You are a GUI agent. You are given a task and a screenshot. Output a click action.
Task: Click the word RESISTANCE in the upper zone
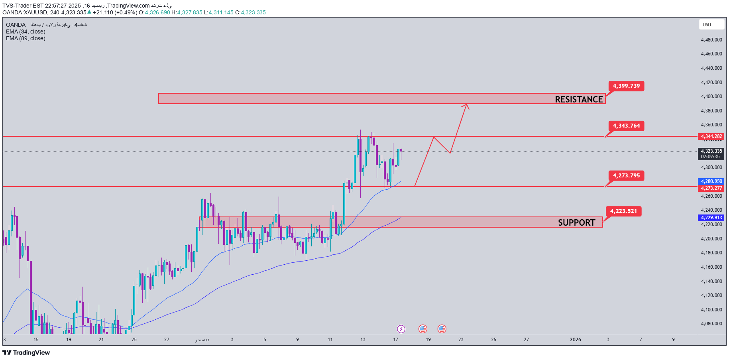pos(579,99)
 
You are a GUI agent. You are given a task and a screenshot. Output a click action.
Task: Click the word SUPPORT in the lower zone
pos(576,222)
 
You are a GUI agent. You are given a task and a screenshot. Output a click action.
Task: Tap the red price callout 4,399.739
pos(626,86)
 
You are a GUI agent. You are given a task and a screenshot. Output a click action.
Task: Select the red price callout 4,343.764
pos(626,126)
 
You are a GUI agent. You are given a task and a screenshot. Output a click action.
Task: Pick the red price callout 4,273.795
pos(626,176)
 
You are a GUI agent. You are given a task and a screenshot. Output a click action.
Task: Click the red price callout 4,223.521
pos(623,211)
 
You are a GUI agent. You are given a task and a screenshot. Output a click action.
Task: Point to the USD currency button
pos(711,25)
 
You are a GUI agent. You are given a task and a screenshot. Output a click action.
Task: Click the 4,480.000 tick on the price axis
pos(711,40)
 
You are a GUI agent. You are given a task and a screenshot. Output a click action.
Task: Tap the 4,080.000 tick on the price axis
pos(711,324)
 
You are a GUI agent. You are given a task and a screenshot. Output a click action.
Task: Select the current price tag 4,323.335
pos(711,151)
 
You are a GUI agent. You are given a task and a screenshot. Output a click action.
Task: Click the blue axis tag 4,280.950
pos(711,181)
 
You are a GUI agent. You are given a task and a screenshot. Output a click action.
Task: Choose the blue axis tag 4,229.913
pos(711,218)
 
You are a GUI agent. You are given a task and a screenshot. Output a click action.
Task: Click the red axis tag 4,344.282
pos(711,136)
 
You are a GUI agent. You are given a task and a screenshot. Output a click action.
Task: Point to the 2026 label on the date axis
pos(575,340)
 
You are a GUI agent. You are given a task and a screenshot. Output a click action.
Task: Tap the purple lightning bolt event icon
pos(401,329)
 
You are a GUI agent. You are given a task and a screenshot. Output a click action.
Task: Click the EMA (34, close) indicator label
pos(26,31)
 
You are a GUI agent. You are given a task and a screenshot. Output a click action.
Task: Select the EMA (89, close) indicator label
pos(26,38)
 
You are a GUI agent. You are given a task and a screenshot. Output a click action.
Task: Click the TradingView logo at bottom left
pos(26,352)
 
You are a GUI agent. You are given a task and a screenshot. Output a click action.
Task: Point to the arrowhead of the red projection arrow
pos(466,105)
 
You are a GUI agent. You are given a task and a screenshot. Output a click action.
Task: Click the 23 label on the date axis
pos(461,340)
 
